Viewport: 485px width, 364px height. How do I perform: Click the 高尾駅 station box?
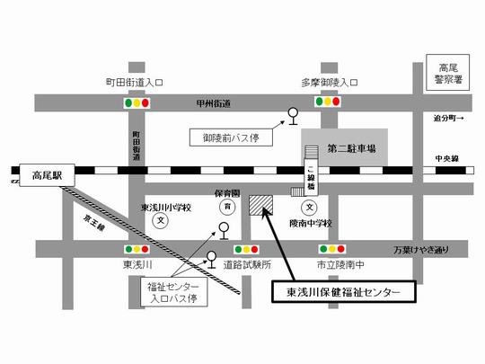click(x=42, y=175)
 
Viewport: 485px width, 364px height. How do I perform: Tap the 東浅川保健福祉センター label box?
click(x=344, y=292)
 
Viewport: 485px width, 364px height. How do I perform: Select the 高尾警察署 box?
click(x=448, y=72)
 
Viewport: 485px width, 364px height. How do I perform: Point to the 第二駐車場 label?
click(x=351, y=146)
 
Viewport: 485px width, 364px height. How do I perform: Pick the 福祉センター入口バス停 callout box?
click(x=164, y=290)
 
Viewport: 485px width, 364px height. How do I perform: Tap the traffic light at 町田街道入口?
click(x=137, y=103)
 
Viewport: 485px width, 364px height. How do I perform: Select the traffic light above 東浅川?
click(x=137, y=249)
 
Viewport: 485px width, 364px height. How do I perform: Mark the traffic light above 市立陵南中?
click(x=334, y=249)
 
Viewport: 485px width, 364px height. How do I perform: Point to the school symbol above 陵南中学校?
click(x=310, y=204)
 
